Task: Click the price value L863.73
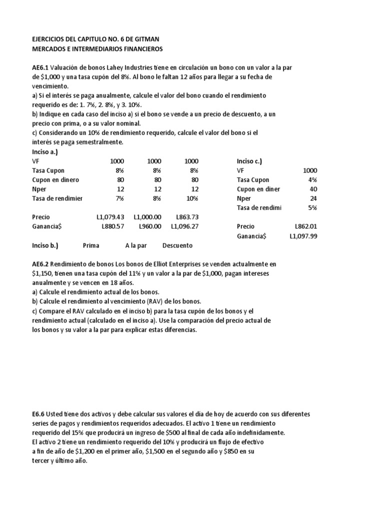tap(187, 217)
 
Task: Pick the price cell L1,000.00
tap(147, 217)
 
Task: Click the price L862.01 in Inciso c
tap(305, 226)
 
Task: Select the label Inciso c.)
tap(249, 161)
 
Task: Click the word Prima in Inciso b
tap(91, 245)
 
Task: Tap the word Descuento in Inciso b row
tap(177, 245)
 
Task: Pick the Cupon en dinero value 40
tap(312, 189)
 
